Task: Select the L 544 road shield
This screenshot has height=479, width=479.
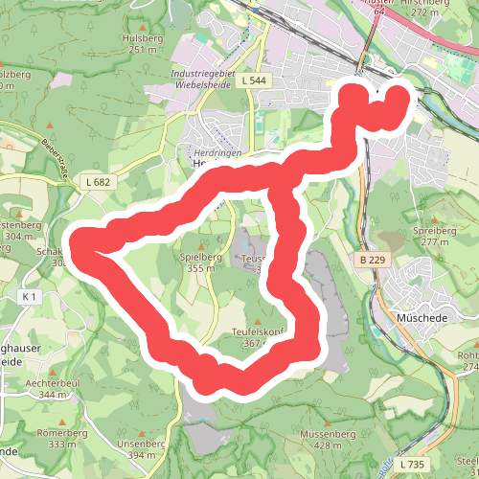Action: (254, 81)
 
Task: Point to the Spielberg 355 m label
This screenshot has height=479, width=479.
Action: (201, 263)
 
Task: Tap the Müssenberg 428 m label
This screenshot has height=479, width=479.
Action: (328, 439)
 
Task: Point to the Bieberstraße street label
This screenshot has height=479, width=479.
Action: (57, 159)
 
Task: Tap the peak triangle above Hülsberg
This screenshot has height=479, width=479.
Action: (144, 26)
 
